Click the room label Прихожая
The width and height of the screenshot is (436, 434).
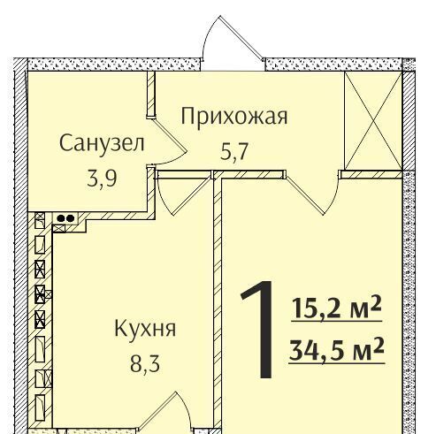pos(234,117)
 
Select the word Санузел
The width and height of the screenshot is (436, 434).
pos(102,143)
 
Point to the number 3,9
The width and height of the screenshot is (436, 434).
pos(102,179)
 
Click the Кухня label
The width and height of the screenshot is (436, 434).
pos(145,328)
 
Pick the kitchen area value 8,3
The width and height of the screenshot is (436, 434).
pos(145,363)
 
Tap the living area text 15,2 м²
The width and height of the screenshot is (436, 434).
pos(337,308)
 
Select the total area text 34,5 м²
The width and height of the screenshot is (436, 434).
pos(337,350)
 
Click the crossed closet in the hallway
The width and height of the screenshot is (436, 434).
pos(373,120)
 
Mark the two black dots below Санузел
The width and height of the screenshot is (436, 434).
pos(65,218)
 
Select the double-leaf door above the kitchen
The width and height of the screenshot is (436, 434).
pos(185,193)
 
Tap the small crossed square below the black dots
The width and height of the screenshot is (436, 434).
pos(58,228)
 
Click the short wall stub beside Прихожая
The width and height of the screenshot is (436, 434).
pos(151,95)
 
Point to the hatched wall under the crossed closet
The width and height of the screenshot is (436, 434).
pos(371,174)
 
